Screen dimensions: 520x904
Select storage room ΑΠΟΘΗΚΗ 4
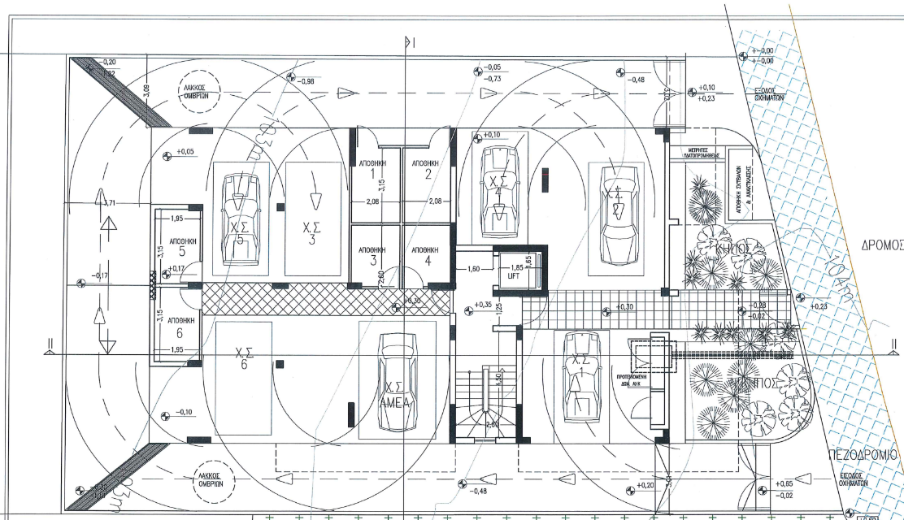coord(426,255)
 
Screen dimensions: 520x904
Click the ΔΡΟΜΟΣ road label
coord(882,245)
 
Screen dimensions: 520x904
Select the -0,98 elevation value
coord(306,81)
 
